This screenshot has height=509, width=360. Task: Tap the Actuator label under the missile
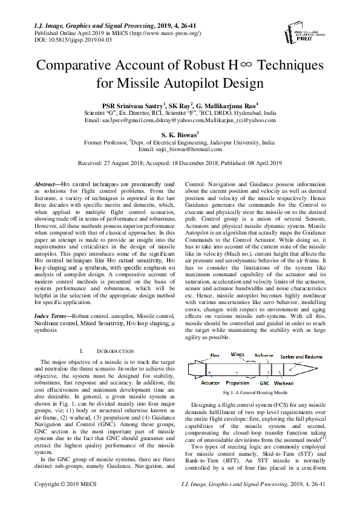click(210, 383)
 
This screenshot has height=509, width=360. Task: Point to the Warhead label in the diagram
click(284, 383)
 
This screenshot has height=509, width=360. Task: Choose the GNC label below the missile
click(264, 383)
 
